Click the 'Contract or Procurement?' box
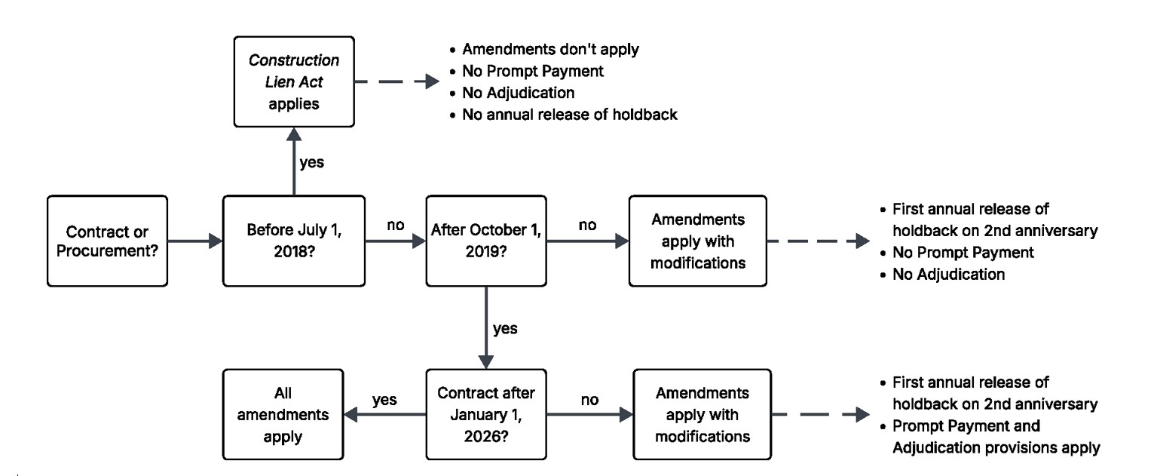106,241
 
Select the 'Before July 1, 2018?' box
293,241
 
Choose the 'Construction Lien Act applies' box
294,81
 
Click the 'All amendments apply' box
284,414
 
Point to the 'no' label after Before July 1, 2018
395,224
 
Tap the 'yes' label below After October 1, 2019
504,329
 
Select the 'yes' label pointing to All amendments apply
384,399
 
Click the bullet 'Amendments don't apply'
550,50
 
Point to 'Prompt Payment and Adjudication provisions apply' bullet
995,437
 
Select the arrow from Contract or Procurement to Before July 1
194,241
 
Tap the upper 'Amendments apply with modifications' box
697,241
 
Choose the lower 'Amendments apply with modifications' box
702,414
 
